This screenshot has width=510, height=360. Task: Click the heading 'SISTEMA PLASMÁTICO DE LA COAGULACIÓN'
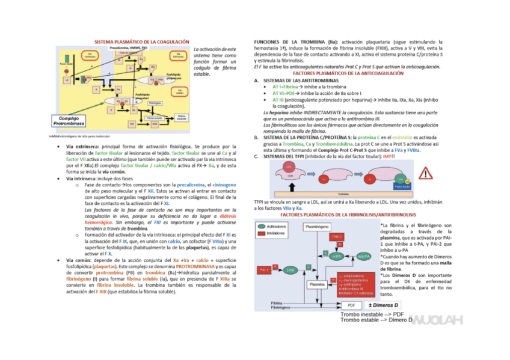pyautogui.click(x=138, y=41)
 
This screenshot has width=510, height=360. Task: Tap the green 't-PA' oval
pyautogui.click(x=290, y=270)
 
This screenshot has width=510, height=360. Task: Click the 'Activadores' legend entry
pyautogui.click(x=275, y=227)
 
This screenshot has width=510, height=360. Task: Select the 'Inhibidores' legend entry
pyautogui.click(x=275, y=233)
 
